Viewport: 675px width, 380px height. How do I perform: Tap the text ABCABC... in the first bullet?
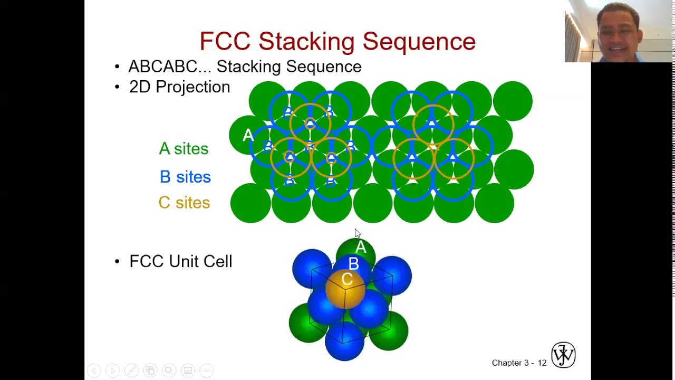pos(169,66)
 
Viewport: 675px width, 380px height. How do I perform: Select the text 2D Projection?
pos(179,87)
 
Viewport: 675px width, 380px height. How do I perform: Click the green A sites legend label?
pos(184,149)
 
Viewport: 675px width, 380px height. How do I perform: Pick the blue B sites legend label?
pos(185,177)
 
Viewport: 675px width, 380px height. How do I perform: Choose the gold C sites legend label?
pos(184,203)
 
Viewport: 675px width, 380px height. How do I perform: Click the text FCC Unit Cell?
pos(180,261)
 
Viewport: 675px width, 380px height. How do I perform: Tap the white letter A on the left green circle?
pos(248,136)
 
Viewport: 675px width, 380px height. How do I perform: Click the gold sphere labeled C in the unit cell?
pos(345,288)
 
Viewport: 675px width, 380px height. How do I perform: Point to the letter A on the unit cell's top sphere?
pos(361,248)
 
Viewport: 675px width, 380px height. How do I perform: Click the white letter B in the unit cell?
pos(353,264)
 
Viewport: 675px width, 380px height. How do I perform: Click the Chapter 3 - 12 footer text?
pos(519,363)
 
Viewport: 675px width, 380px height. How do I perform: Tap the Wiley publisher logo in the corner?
pos(563,354)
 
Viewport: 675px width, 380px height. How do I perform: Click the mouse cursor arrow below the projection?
pos(358,233)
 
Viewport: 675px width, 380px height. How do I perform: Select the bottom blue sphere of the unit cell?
pos(344,341)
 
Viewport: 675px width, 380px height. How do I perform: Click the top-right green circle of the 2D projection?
pos(513,100)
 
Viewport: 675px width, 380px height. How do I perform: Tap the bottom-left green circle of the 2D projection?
pos(250,203)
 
